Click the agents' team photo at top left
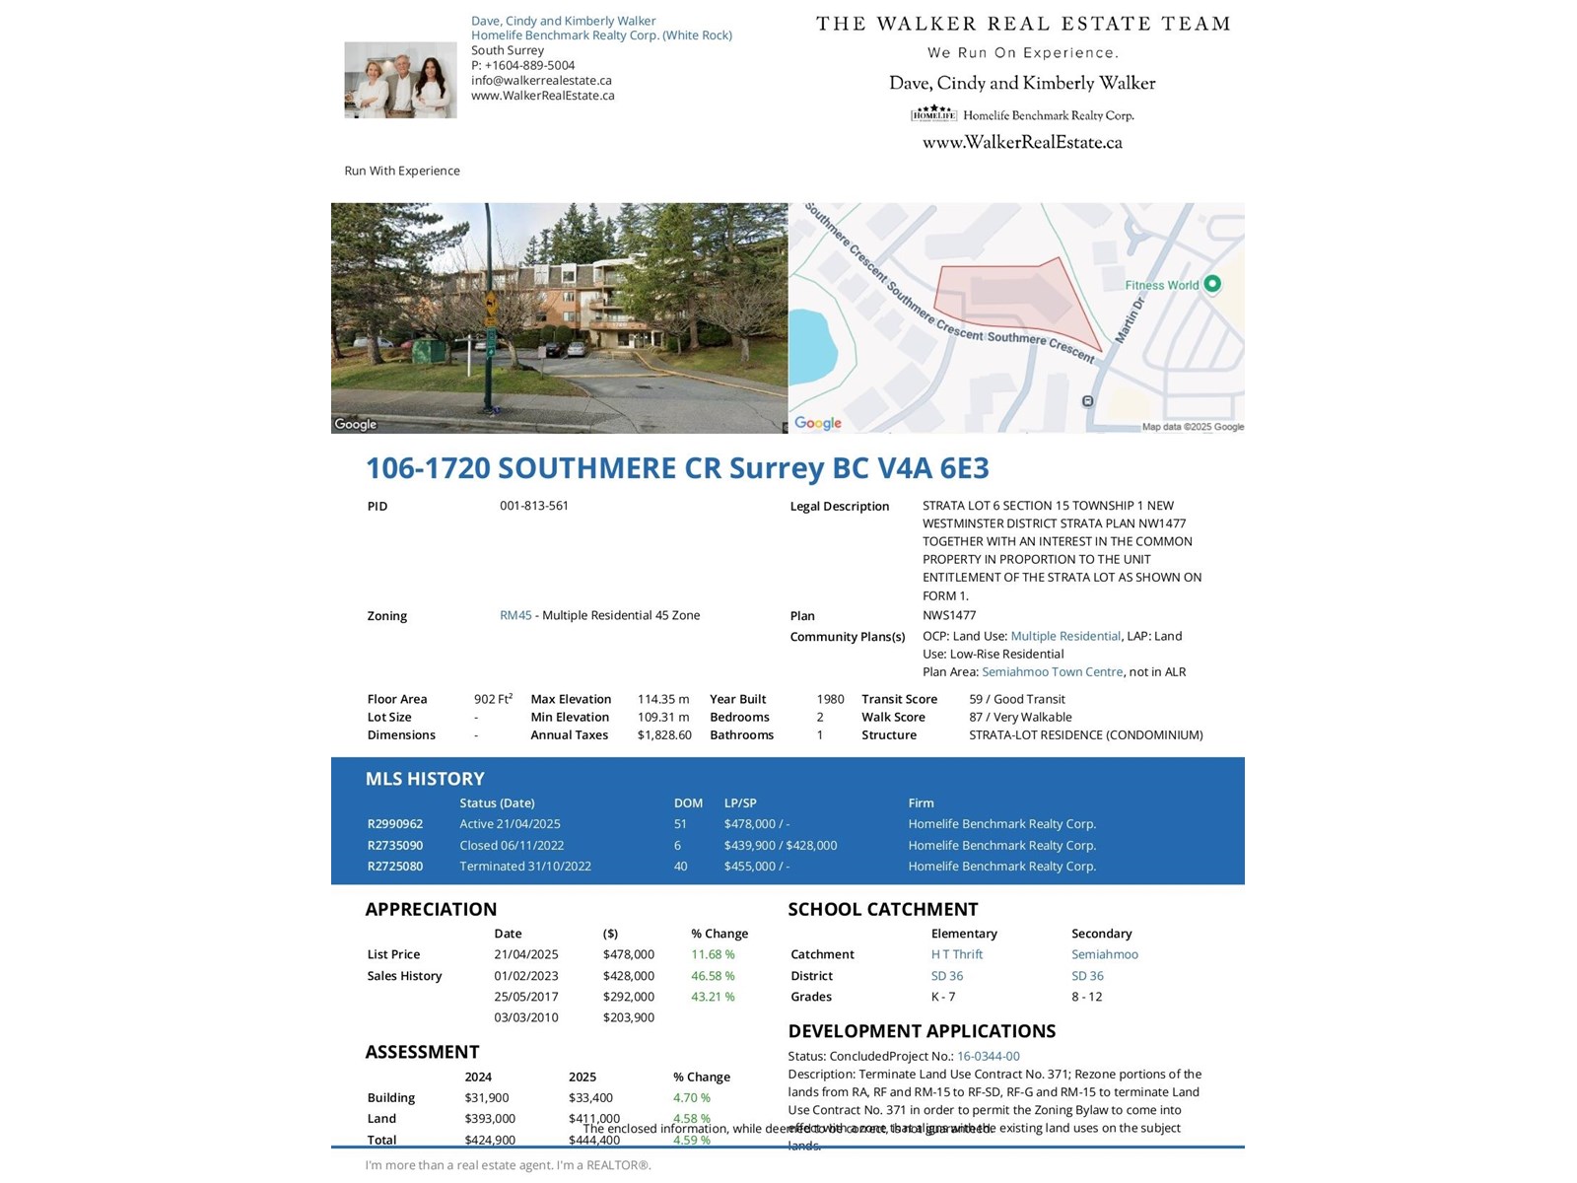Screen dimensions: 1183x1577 (x=400, y=80)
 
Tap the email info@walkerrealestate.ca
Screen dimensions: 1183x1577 (x=541, y=81)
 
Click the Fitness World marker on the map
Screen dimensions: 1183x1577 (x=1212, y=284)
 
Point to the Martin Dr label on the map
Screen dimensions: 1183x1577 (x=1130, y=320)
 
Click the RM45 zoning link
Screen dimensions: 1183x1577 (x=515, y=615)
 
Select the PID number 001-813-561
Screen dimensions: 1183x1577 (x=534, y=506)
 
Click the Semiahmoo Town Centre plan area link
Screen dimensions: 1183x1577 (x=1052, y=672)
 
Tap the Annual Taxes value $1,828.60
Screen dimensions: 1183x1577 (x=664, y=735)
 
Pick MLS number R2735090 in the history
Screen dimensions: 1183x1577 (x=395, y=846)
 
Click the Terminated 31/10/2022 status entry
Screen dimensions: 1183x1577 (x=525, y=867)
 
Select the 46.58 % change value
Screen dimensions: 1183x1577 (x=713, y=976)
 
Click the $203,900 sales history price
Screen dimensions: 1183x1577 (x=629, y=1017)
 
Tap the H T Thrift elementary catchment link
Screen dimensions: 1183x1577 (x=957, y=954)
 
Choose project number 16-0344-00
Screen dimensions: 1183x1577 (x=989, y=1057)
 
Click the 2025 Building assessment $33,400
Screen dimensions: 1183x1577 (x=590, y=1098)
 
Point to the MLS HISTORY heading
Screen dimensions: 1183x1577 (x=425, y=779)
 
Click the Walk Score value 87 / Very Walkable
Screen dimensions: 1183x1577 (x=1020, y=718)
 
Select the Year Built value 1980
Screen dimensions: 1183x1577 (x=830, y=699)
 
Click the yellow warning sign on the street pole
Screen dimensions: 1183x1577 (x=490, y=300)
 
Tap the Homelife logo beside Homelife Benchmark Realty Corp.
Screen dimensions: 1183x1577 (x=933, y=114)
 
